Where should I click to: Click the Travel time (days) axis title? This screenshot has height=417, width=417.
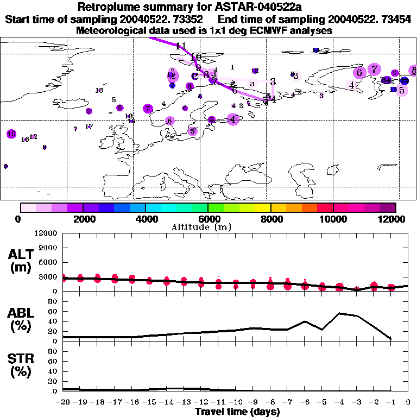click(237, 412)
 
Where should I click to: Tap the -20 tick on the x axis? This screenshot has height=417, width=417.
click(63, 403)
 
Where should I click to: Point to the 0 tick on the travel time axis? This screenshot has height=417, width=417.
click(408, 403)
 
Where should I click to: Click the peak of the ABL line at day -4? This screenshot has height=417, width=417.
click(339, 313)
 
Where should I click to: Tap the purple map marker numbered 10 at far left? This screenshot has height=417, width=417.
click(11, 134)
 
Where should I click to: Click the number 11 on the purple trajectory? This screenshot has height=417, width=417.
click(181, 46)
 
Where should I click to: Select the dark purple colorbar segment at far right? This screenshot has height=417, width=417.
click(388, 207)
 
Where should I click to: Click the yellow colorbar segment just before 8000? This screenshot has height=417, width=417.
click(263, 207)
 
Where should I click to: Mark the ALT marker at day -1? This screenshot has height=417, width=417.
click(391, 287)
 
